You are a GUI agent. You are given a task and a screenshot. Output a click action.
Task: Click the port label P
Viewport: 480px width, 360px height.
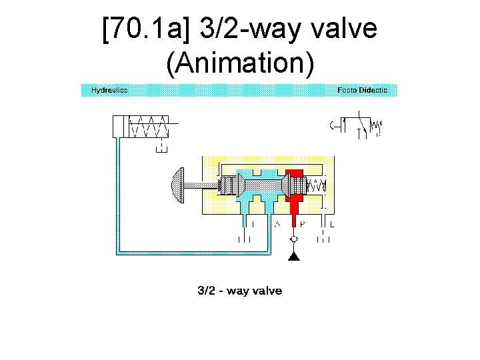pos(302,224)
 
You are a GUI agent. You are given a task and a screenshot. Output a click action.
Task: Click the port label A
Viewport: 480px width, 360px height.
pos(277,224)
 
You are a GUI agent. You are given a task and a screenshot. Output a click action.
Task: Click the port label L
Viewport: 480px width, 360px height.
pos(331,224)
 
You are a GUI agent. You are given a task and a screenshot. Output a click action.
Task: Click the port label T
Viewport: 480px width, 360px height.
pos(253,224)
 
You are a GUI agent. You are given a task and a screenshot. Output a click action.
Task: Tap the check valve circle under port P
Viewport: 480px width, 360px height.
pos(294,239)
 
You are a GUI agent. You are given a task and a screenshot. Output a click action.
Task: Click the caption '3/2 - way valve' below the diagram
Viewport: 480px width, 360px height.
pos(239,291)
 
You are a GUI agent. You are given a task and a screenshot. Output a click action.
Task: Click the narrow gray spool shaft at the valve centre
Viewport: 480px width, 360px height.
pos(267,185)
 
